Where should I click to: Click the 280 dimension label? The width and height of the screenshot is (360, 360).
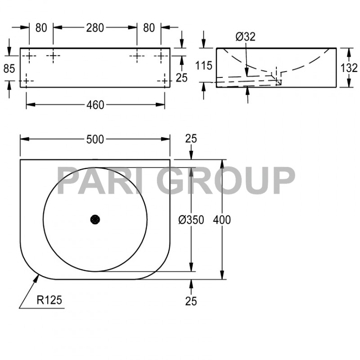tap(95, 27)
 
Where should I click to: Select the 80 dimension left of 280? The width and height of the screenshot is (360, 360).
tap(41, 27)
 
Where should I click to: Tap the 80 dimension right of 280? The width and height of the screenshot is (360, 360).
tap(149, 27)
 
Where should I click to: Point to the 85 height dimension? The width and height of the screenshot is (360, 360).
tap(9, 68)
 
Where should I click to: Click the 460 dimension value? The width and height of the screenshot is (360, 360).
tap(95, 105)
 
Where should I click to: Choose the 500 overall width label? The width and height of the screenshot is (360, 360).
tap(95, 139)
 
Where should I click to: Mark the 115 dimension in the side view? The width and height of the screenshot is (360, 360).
tap(204, 66)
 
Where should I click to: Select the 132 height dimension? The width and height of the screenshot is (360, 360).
tap(349, 68)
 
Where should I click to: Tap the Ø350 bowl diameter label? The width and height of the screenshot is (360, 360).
tap(191, 220)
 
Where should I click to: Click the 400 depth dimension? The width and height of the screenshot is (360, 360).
tap(222, 220)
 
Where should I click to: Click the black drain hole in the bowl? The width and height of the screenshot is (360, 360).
tap(95, 220)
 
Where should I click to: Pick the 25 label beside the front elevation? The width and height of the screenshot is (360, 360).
tap(181, 78)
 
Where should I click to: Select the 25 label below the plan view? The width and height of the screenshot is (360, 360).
tap(191, 301)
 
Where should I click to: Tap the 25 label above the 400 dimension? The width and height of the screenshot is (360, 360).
tap(191, 139)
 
